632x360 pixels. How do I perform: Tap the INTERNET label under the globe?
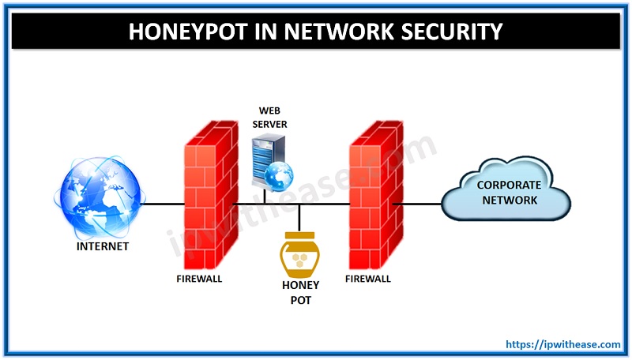pos(103,246)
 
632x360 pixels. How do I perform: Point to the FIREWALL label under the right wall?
pos(368,278)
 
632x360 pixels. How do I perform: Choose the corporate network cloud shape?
pos(506,193)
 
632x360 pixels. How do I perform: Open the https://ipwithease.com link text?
pos(562,345)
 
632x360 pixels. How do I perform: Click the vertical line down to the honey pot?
pos(299,216)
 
